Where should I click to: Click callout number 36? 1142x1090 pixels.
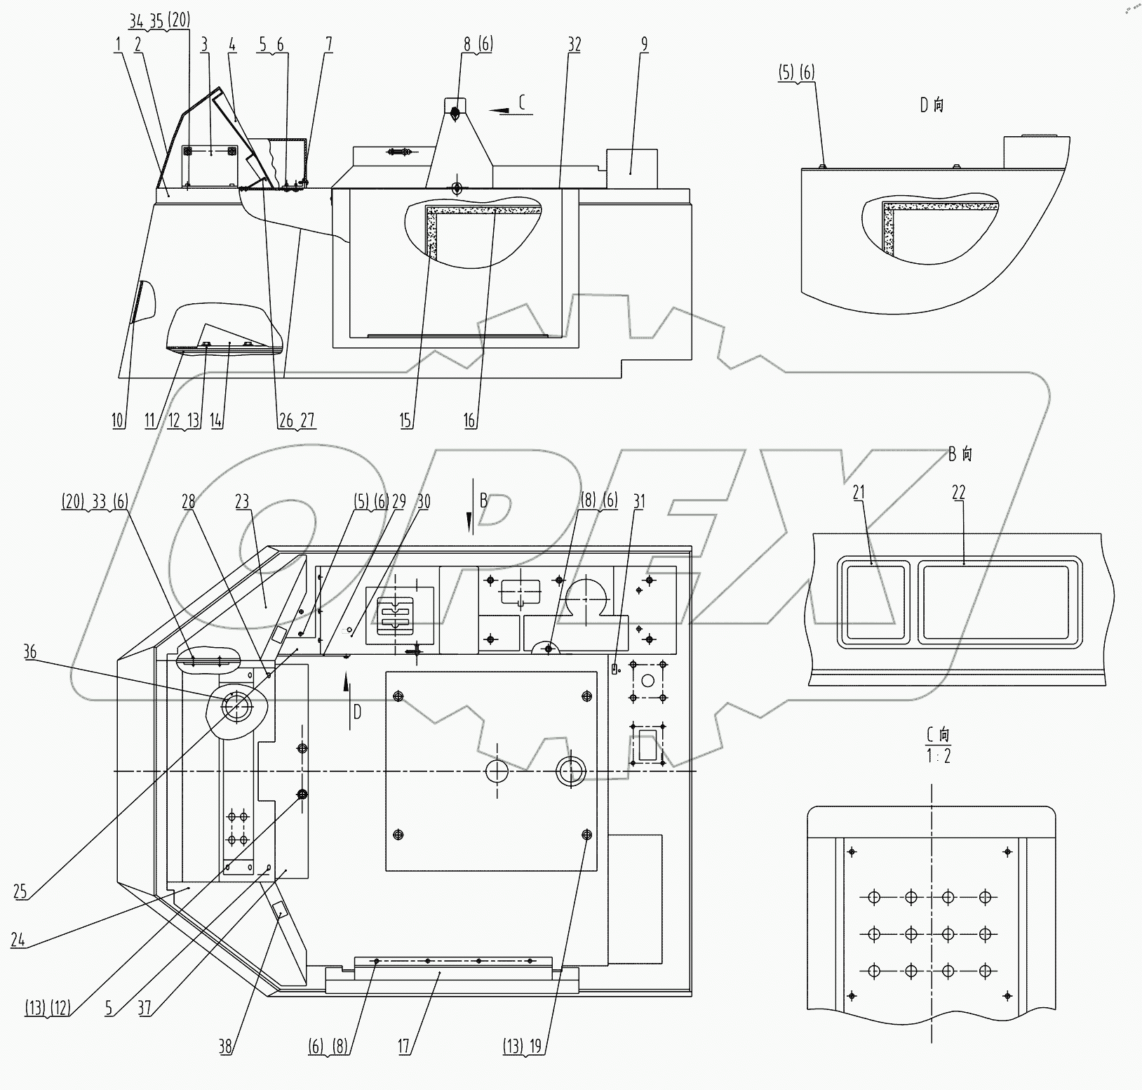click(x=29, y=652)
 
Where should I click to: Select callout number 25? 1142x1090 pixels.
click(x=20, y=891)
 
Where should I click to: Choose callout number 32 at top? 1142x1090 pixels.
click(x=575, y=45)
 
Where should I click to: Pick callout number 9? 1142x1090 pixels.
click(x=643, y=45)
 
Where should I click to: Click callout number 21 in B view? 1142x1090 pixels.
click(x=859, y=493)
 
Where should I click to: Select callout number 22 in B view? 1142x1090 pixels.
click(x=958, y=493)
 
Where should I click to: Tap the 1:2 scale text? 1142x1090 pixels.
click(x=938, y=755)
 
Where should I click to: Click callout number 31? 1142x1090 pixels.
click(x=638, y=502)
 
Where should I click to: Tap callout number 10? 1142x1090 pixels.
click(x=118, y=420)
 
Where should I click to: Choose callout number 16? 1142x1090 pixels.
click(x=469, y=420)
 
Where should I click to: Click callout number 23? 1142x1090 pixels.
click(x=242, y=502)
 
